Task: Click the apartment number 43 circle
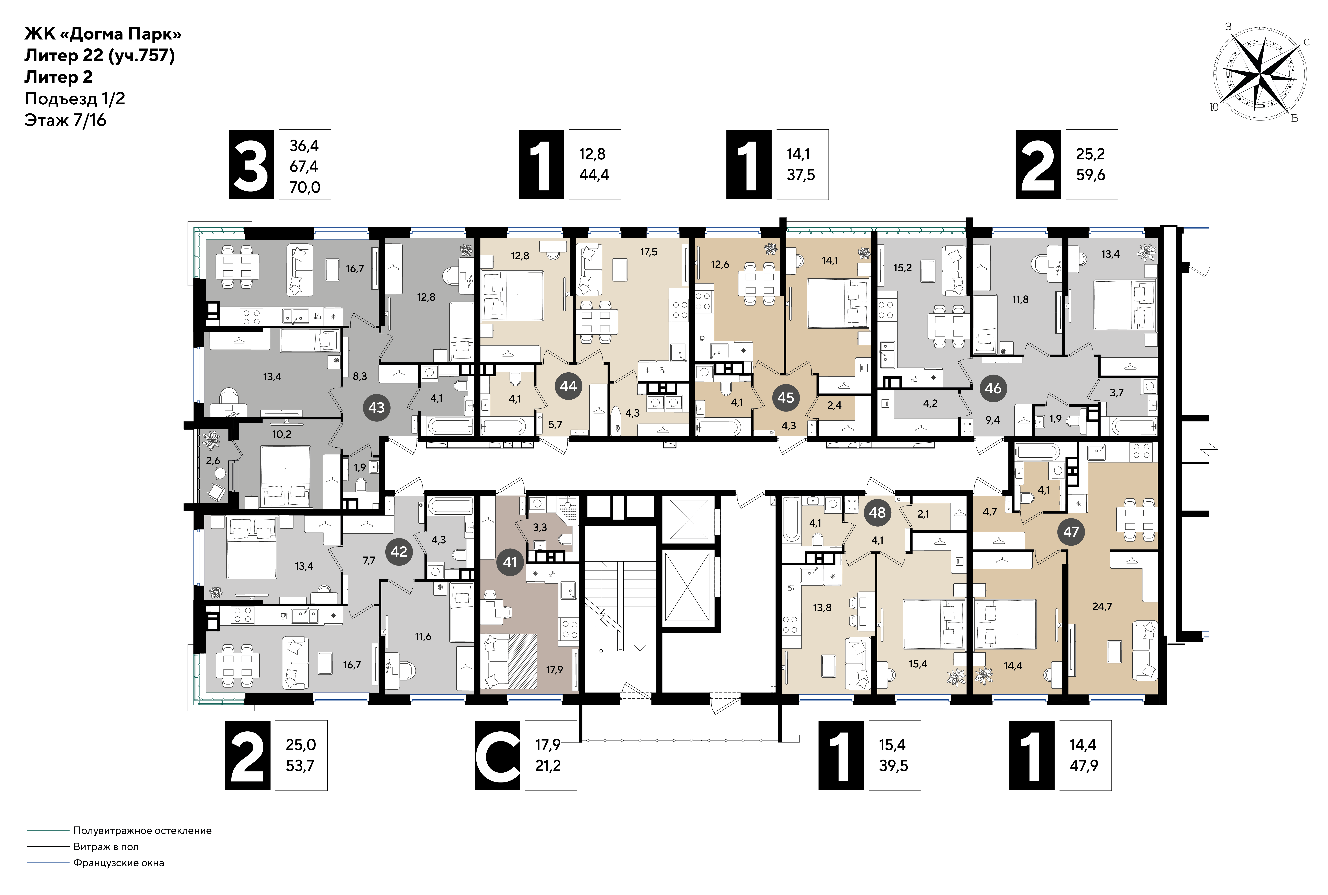[x=376, y=408]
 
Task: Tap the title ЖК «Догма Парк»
[x=103, y=34]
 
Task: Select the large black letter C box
[x=497, y=756]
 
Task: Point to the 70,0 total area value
[x=305, y=187]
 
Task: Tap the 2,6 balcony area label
[x=213, y=461]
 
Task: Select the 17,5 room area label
[x=649, y=252]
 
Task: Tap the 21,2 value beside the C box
[x=548, y=766]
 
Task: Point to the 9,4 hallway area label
[x=993, y=420]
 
